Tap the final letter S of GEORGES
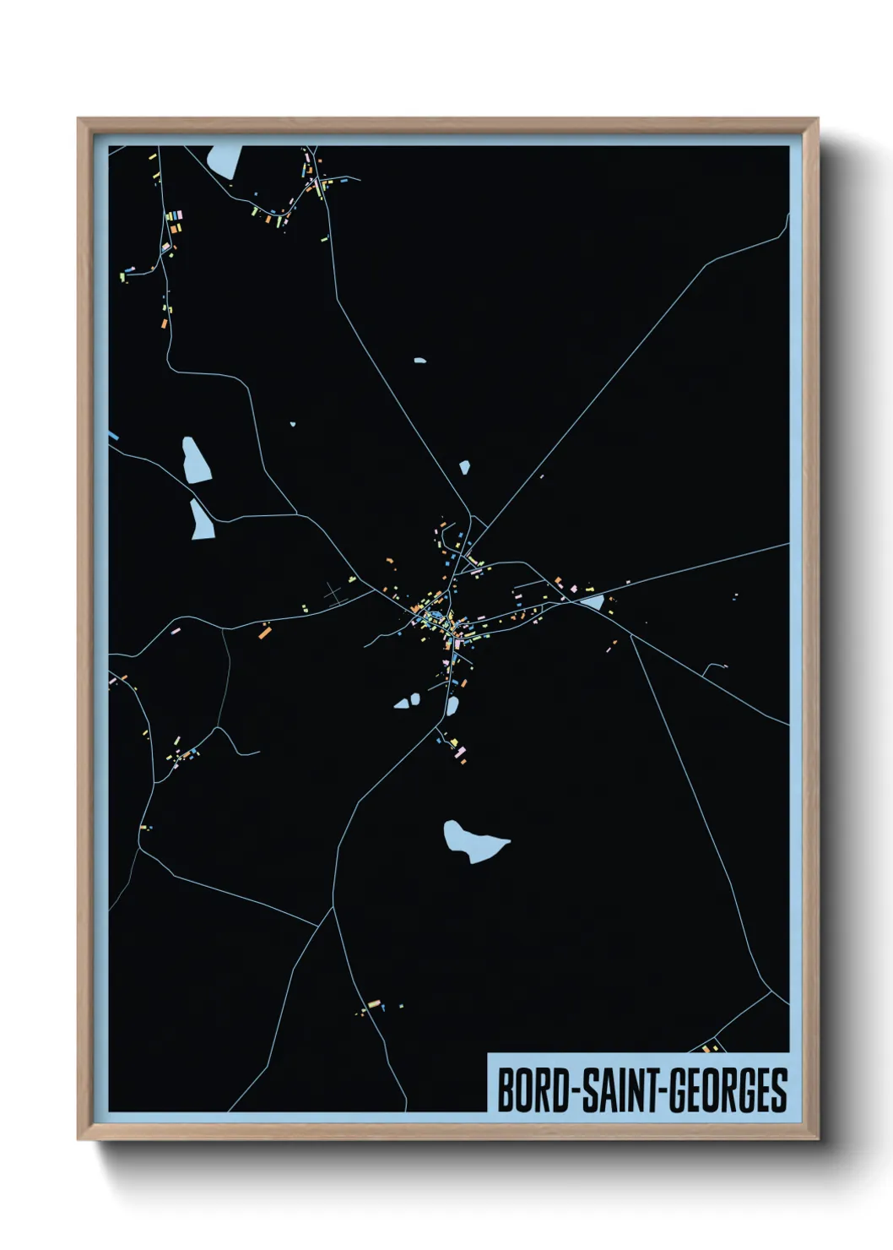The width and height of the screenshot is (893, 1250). tap(778, 1090)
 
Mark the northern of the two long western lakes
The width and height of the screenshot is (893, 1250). tap(196, 459)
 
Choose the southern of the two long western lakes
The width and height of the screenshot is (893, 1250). tap(202, 519)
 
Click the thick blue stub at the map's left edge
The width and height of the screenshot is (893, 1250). tap(113, 436)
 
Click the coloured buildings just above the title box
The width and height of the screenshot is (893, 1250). tap(710, 1048)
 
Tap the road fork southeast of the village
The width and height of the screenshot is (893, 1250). tap(631, 634)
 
